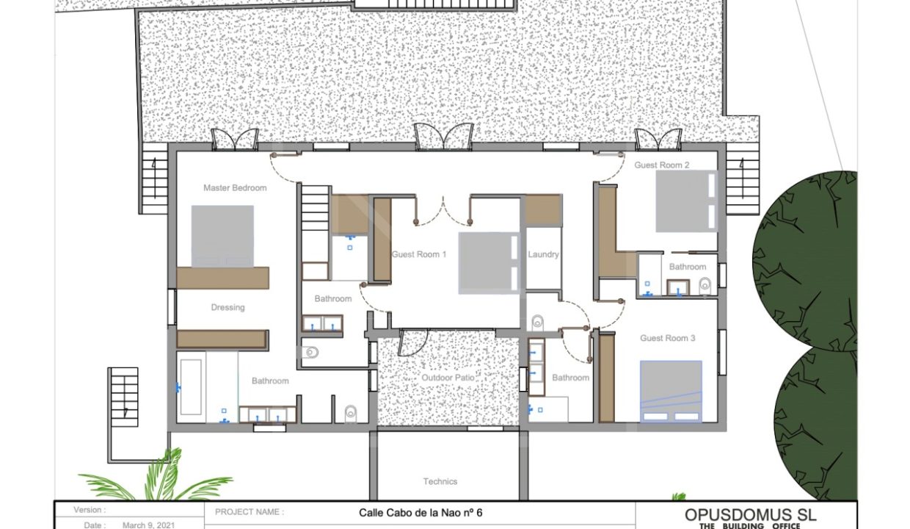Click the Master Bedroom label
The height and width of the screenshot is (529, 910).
point(235,188)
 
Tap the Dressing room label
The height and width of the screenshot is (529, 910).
point(228,307)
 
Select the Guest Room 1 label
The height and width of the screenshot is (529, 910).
point(419,254)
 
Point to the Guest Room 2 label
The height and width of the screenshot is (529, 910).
point(662,165)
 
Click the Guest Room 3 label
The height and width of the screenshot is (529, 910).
point(668,338)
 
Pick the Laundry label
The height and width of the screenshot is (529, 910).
point(543,254)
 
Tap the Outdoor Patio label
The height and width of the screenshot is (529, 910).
point(448,378)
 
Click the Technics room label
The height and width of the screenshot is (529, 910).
point(440,481)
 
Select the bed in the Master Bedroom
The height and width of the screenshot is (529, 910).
point(222,237)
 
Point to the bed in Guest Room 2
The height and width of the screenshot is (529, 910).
point(686,201)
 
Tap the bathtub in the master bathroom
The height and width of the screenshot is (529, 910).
point(191,387)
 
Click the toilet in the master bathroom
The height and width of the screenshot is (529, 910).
point(350,414)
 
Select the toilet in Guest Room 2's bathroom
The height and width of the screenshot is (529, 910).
point(705,286)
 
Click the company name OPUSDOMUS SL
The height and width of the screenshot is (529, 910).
point(750,515)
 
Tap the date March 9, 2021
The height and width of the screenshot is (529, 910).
point(149,525)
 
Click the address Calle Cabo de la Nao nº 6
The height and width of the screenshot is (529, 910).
point(421,513)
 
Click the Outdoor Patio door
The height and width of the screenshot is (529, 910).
point(413,342)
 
